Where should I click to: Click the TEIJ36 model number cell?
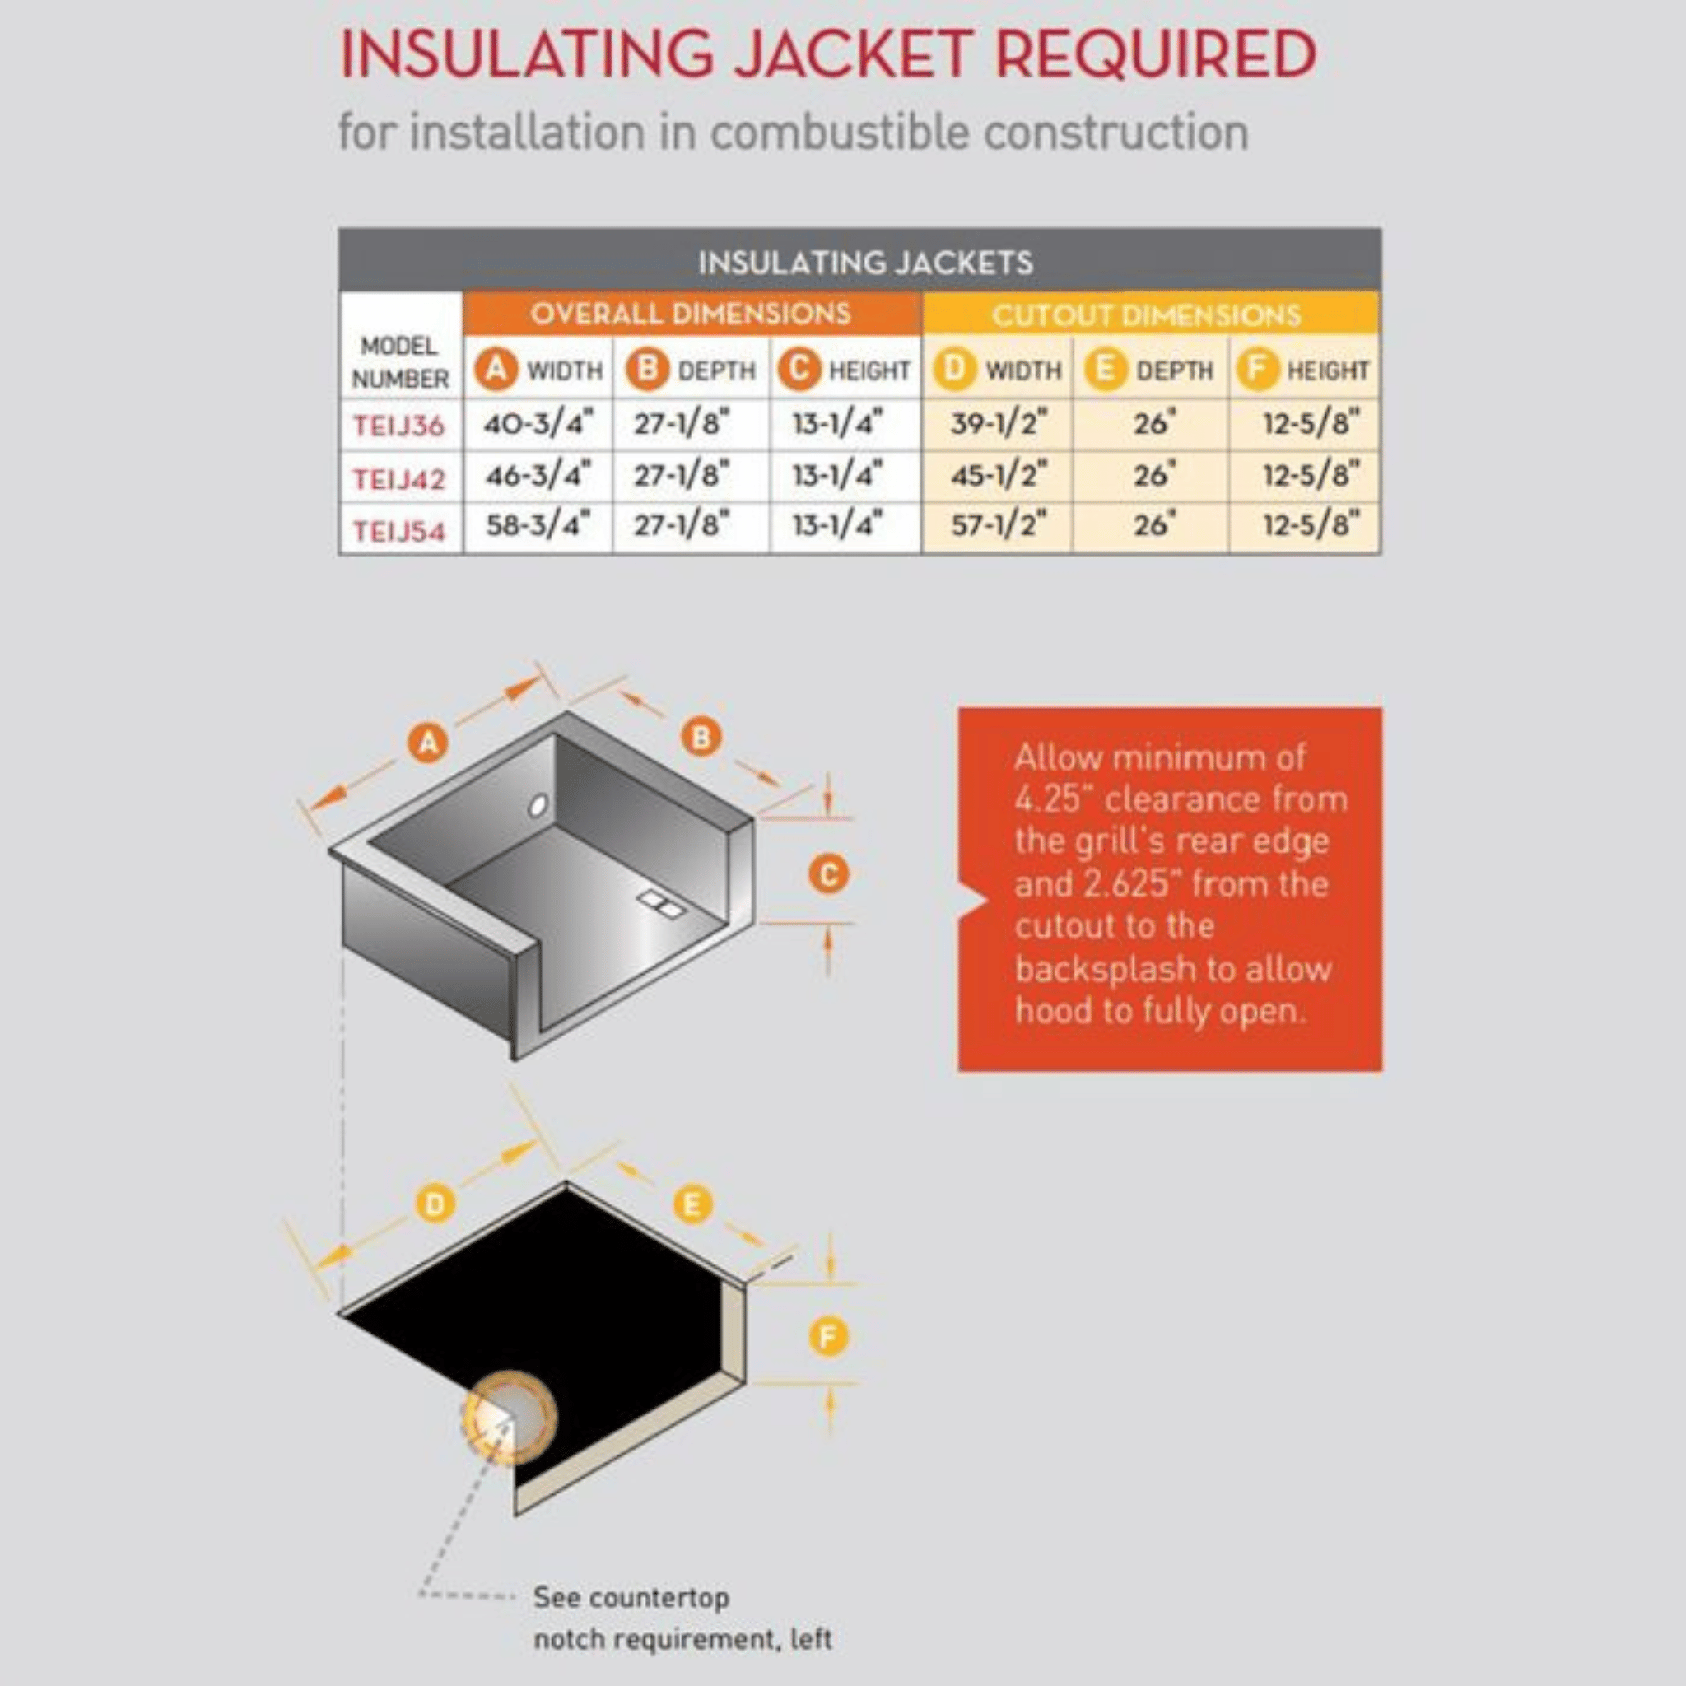398,426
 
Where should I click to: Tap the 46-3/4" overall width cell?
538,477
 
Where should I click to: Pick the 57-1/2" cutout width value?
998,525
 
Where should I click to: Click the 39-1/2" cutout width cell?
998,424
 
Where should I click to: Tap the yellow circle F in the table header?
1255,370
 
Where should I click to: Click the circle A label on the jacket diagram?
427,743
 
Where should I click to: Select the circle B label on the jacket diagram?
701,738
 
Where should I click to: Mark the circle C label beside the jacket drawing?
828,873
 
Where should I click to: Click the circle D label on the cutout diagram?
435,1205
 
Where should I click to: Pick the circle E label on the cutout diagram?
693,1205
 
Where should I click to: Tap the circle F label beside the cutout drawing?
828,1336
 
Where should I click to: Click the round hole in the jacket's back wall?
538,804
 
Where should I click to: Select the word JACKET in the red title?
853,54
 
